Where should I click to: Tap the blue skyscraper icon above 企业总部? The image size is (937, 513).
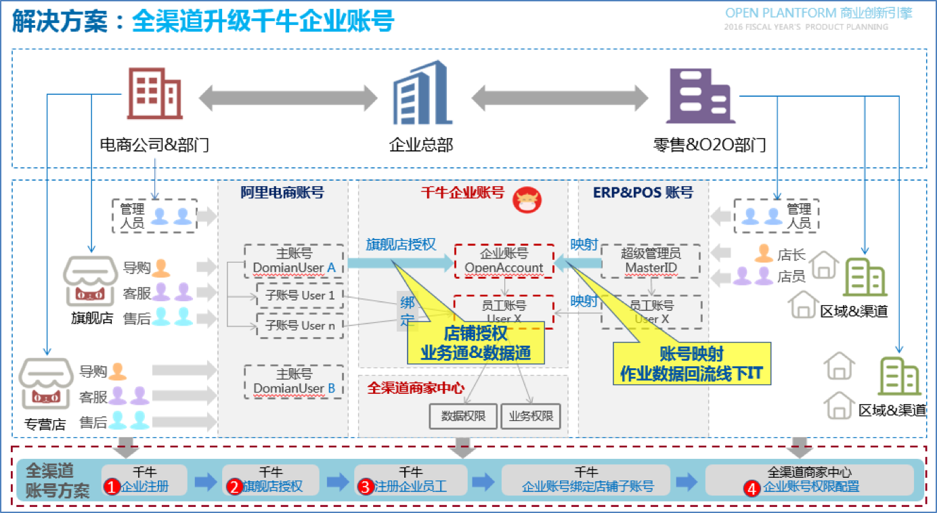pos(421,94)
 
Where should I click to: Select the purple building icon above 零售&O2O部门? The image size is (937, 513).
pos(699,96)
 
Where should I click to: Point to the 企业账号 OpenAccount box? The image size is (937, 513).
pos(504,261)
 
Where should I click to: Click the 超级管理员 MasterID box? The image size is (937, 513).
pos(651,261)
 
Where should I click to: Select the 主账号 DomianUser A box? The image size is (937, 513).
pos(294,261)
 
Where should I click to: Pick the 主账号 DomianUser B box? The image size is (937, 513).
pos(294,382)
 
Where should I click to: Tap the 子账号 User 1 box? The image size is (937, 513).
pos(299,296)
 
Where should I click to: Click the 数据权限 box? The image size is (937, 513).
pos(463,416)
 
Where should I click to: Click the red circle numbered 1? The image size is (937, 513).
pos(112,487)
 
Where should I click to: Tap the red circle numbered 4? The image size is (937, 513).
pos(751,488)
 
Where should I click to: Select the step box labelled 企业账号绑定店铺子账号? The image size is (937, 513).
pos(586,480)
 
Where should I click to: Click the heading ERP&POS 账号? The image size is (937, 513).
pos(643,193)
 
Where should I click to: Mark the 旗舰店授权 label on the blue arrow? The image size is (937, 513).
pos(401,244)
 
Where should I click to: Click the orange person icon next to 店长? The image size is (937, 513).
pos(764,254)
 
